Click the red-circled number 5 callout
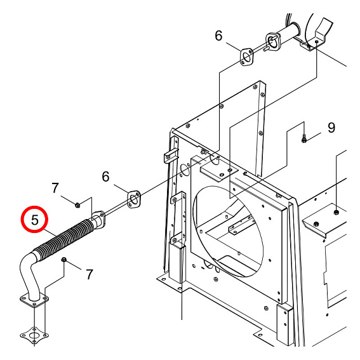pyautogui.click(x=35, y=220)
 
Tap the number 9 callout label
pyautogui.click(x=331, y=128)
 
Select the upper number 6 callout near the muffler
pyautogui.click(x=218, y=36)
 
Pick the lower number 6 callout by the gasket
pyautogui.click(x=105, y=177)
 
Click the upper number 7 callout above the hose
pyautogui.click(x=55, y=188)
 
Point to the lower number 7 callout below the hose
pyautogui.click(x=90, y=274)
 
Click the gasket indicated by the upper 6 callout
pyautogui.click(x=246, y=57)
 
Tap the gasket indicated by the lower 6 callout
pyautogui.click(x=133, y=199)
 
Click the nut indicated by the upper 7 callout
pyautogui.click(x=77, y=204)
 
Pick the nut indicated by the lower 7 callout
pyautogui.click(x=64, y=260)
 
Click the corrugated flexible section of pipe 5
pyautogui.click(x=65, y=240)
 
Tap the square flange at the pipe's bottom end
pyautogui.click(x=34, y=300)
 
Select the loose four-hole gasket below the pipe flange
pyautogui.click(x=34, y=336)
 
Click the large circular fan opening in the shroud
pyautogui.click(x=228, y=231)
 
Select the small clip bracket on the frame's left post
pyautogui.click(x=170, y=156)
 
